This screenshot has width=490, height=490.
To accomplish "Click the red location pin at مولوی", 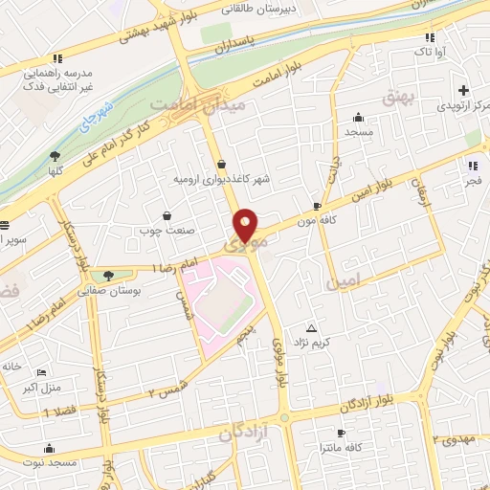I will [247, 225].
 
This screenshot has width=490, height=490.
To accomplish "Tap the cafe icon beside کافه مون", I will [317, 206].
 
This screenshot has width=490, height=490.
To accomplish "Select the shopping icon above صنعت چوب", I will [168, 215].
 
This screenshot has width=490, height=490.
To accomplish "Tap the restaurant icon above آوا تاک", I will [430, 37].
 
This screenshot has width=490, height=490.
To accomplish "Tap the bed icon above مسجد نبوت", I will [49, 447].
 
